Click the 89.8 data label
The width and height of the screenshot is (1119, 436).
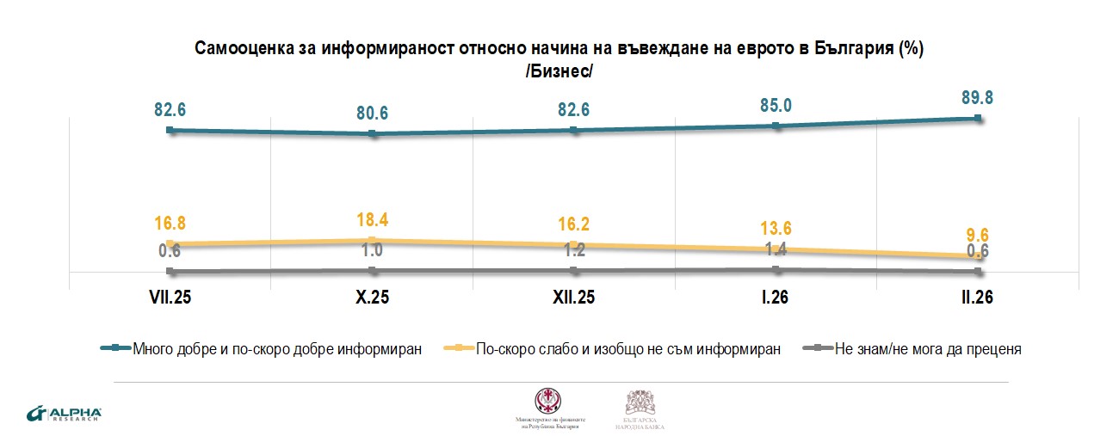click(978, 96)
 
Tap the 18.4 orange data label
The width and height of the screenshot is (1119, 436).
click(373, 219)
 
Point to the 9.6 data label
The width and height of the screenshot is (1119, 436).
click(978, 234)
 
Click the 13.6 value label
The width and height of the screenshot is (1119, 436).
click(776, 229)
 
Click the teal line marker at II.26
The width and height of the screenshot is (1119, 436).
click(978, 119)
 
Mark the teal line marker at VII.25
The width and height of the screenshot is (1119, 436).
click(170, 130)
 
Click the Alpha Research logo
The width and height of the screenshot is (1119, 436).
click(65, 414)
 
